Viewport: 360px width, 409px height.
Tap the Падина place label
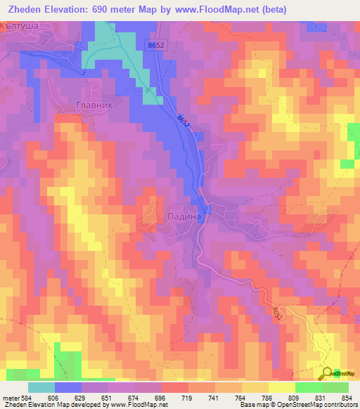coord(185,218)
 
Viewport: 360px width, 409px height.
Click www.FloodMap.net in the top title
coord(237,8)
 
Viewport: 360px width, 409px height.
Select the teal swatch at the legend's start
coord(41,387)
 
